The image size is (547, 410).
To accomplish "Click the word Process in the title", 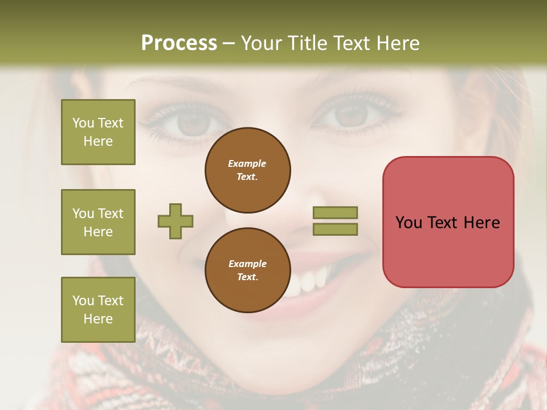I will coord(179,43).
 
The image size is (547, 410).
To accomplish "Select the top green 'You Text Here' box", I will coord(98,132).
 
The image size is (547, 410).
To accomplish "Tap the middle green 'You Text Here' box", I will coord(98,222).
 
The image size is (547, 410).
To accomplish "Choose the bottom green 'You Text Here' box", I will coord(98,310).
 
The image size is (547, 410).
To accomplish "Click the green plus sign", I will coord(175,221).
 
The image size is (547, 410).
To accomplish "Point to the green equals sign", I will coord(336,221).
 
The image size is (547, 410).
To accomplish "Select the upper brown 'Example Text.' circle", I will coord(248,170).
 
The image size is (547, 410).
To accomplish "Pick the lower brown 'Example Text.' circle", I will coord(248,270).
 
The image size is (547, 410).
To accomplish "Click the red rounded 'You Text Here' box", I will coord(448,222).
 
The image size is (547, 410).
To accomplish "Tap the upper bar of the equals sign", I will coord(336,213).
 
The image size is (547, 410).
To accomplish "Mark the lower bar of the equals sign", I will coord(336,229).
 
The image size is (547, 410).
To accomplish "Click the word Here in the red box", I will coord(481,223).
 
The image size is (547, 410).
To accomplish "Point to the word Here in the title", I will coord(398,43).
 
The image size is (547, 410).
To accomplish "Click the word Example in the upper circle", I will coord(247,163).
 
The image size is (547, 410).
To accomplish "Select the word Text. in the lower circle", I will coord(247,277).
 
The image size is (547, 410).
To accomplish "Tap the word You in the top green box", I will coord(83,123).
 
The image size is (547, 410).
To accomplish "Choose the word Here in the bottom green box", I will coord(98,319).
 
